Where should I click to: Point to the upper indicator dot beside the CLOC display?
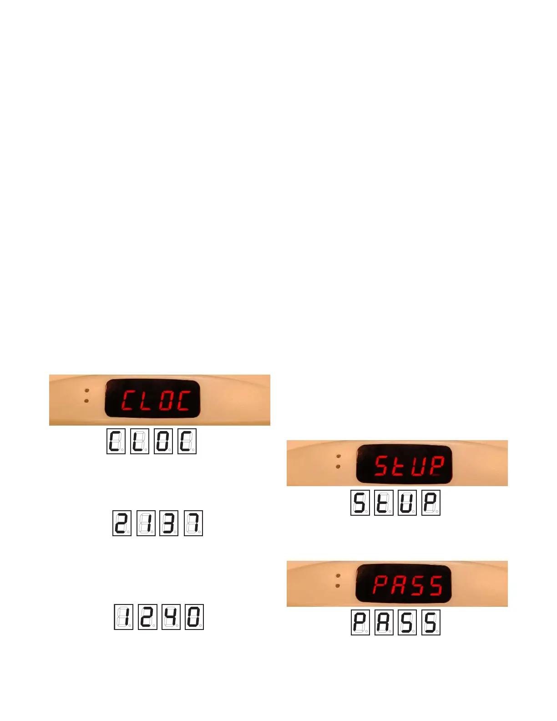[x=86, y=391]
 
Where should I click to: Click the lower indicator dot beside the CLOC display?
[x=86, y=401]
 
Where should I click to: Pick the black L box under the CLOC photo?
[x=139, y=441]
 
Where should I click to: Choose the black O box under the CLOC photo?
[x=163, y=441]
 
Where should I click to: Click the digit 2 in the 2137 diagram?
[x=122, y=523]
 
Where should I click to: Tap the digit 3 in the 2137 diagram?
[x=169, y=523]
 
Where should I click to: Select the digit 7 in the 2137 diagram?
[x=193, y=523]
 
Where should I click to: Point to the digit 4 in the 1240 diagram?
[x=172, y=617]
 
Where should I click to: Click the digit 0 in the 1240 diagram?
[x=194, y=617]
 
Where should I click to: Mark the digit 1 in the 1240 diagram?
[x=123, y=617]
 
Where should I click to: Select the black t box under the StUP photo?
[x=383, y=503]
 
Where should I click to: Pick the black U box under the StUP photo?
[x=407, y=503]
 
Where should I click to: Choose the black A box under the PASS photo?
[x=384, y=623]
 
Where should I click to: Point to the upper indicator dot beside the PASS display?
[x=338, y=576]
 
